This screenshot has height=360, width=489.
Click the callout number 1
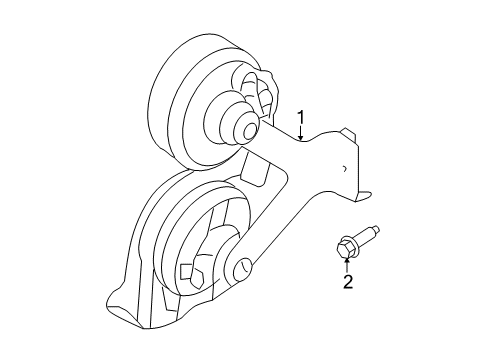pyautogui.click(x=301, y=117)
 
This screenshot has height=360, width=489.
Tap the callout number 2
pyautogui.click(x=348, y=284)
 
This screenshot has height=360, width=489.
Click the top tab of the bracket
pyautogui.click(x=347, y=133)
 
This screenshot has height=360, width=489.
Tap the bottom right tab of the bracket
pyautogui.click(x=365, y=199)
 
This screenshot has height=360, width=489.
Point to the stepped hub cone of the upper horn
pyautogui.click(x=228, y=115)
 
